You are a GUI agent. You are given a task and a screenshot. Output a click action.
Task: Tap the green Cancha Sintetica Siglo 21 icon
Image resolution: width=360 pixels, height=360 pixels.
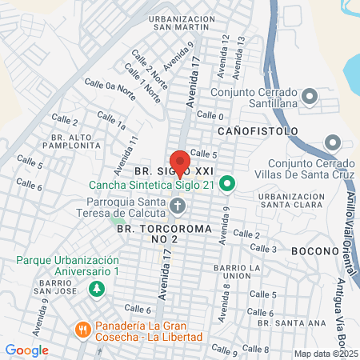(x=226, y=185)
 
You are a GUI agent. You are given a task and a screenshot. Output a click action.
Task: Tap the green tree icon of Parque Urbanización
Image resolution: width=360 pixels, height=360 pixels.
(x=97, y=288)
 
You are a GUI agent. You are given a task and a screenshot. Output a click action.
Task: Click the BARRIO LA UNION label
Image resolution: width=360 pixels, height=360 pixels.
(x=232, y=272)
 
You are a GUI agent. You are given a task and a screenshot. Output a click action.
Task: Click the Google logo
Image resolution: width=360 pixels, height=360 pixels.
(x=26, y=350)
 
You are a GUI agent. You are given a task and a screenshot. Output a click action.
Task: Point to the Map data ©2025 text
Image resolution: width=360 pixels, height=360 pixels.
(x=326, y=354)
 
